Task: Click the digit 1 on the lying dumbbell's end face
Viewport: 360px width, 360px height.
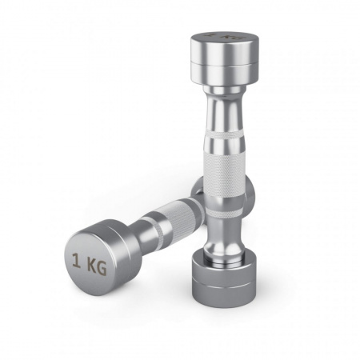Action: pos(77,261)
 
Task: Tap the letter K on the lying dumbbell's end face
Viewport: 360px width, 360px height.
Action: pos(92,266)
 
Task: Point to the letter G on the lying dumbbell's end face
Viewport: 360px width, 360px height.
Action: pos(102,269)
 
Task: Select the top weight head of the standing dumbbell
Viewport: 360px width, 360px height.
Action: pos(225,59)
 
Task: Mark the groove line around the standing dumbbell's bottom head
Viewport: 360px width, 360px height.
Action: pos(224,286)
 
